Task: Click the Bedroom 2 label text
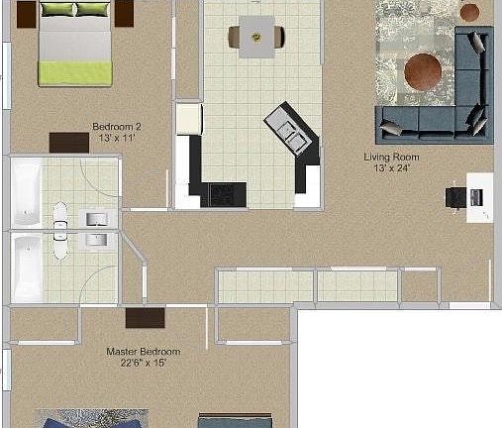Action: (117, 127)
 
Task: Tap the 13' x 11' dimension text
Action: (117, 138)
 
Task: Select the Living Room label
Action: (392, 158)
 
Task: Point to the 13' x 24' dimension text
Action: (392, 168)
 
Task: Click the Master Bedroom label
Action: (143, 352)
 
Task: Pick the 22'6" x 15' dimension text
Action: (143, 363)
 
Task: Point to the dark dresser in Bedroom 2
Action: (68, 143)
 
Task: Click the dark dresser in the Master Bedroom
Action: (146, 319)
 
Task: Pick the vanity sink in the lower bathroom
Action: (96, 239)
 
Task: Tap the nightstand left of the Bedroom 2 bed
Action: (21, 13)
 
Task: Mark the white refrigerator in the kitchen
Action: (188, 119)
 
